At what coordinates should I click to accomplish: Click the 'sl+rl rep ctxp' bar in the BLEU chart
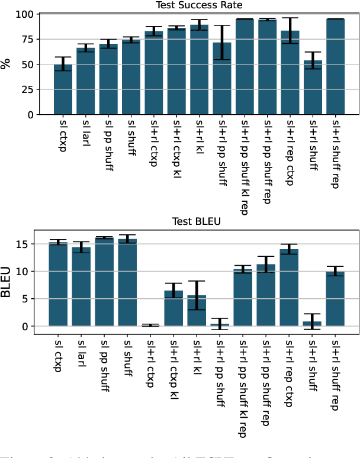pyautogui.click(x=289, y=288)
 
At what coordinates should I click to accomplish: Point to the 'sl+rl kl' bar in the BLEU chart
pyautogui.click(x=197, y=311)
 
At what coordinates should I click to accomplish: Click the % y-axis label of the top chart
pyautogui.click(x=7, y=64)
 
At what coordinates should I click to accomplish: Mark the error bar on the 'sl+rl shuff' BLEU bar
pyautogui.click(x=312, y=321)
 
